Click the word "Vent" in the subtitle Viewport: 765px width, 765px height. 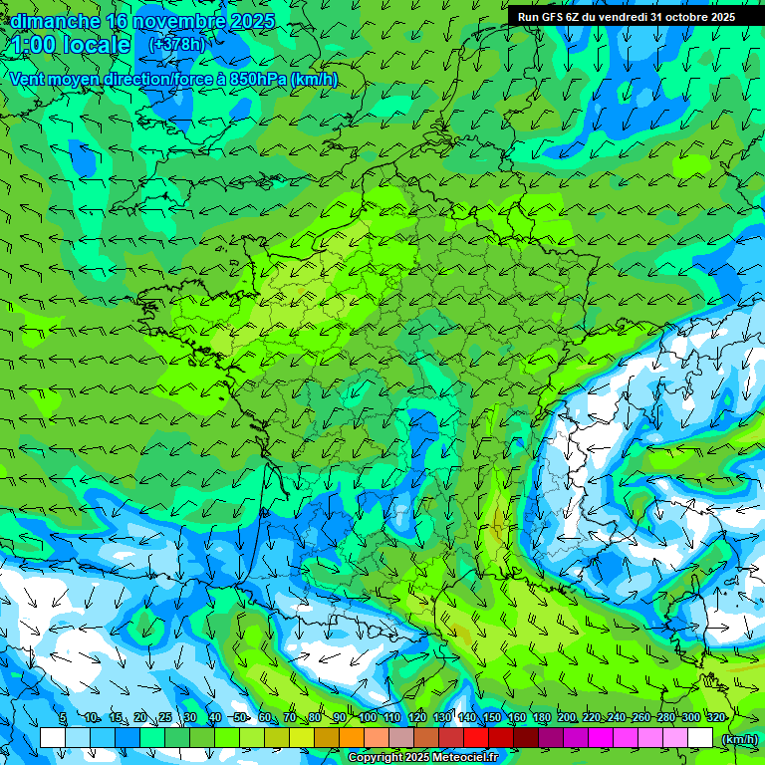tap(29, 80)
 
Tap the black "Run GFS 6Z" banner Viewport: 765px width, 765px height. tap(626, 16)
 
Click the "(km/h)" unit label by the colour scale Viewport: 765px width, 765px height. tap(739, 738)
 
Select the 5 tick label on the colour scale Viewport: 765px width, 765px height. tap(63, 717)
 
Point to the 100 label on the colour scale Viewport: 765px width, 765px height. tap(368, 717)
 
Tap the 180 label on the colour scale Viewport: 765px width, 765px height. tap(542, 717)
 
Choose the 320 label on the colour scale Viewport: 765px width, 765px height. tap(715, 717)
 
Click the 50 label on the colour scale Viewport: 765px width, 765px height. tap(239, 717)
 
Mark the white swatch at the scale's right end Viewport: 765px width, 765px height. tap(700, 738)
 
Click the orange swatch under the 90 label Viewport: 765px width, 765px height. tap(352, 738)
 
